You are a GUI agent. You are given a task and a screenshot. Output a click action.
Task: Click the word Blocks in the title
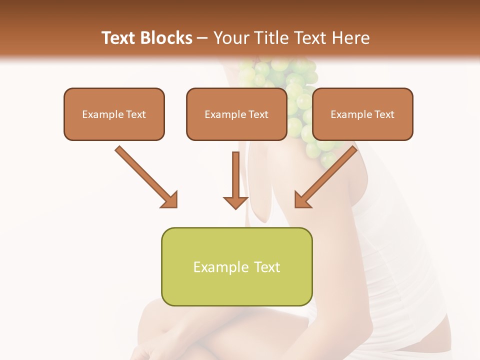(x=166, y=38)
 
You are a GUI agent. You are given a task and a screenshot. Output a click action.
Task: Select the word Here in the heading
(x=351, y=38)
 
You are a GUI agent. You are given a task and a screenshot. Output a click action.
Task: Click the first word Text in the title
(x=120, y=38)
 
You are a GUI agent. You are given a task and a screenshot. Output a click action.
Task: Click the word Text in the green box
(x=266, y=267)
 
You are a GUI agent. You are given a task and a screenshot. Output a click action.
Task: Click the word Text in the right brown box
(x=384, y=114)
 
